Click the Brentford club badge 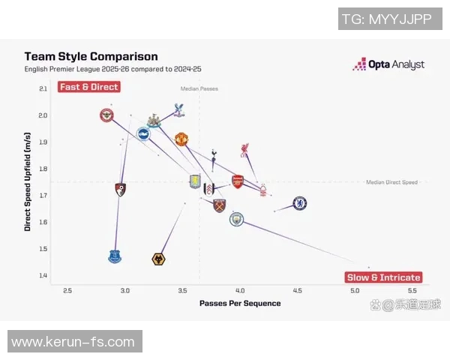[x=106, y=115]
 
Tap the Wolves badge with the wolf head [x=158, y=259]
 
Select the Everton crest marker [x=114, y=256]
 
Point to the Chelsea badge [x=299, y=203]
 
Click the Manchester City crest [x=237, y=219]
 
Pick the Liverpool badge [x=245, y=151]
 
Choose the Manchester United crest [x=181, y=139]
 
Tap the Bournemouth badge [x=120, y=189]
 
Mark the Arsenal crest [x=237, y=181]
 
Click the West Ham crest [x=219, y=205]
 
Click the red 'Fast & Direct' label [x=88, y=87]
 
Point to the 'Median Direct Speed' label [x=391, y=182]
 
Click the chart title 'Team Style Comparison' [x=91, y=56]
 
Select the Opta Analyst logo [x=388, y=64]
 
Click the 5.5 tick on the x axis [x=412, y=290]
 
